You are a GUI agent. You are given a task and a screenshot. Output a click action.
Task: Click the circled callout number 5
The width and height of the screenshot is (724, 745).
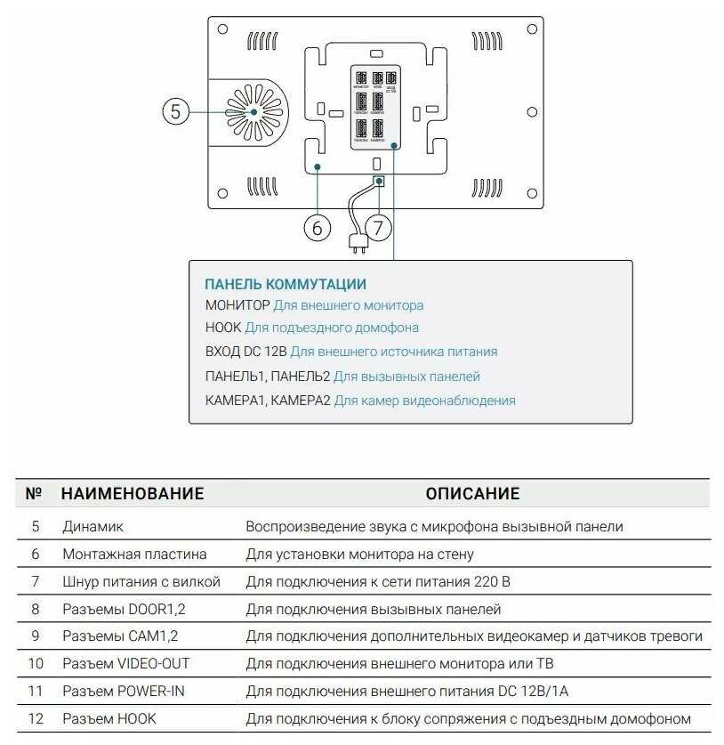(175, 112)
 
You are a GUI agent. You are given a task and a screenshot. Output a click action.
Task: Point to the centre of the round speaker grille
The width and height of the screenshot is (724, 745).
(253, 112)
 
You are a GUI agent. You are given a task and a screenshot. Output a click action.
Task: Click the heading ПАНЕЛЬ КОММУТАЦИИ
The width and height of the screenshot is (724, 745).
(286, 284)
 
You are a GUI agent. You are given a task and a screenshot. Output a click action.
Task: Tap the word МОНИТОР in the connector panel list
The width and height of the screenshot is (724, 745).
(237, 305)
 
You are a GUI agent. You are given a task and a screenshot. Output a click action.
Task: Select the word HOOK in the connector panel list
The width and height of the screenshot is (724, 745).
(222, 328)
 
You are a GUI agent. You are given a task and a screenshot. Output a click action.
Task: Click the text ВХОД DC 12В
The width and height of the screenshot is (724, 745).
(245, 352)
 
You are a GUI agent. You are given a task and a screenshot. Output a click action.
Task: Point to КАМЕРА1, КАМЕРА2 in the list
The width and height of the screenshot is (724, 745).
(268, 401)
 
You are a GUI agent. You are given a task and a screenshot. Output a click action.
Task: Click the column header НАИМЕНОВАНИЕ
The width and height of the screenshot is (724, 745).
(133, 493)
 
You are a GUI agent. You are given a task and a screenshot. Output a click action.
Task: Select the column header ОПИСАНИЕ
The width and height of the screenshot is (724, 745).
(472, 493)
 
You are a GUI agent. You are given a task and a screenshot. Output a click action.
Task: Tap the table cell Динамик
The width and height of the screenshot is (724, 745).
(93, 526)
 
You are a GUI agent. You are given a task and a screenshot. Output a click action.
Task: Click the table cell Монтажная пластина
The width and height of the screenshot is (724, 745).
(134, 554)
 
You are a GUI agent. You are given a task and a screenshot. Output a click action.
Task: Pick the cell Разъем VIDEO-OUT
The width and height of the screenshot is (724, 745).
(126, 663)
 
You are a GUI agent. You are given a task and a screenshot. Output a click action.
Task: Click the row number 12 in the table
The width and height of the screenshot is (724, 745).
(36, 718)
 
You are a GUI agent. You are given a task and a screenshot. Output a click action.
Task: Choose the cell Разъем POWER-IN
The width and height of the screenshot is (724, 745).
(124, 691)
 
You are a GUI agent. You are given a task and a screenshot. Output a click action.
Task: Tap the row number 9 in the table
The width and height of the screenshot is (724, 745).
(36, 636)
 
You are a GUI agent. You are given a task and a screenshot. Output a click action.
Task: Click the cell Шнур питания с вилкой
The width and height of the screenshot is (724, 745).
(141, 581)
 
